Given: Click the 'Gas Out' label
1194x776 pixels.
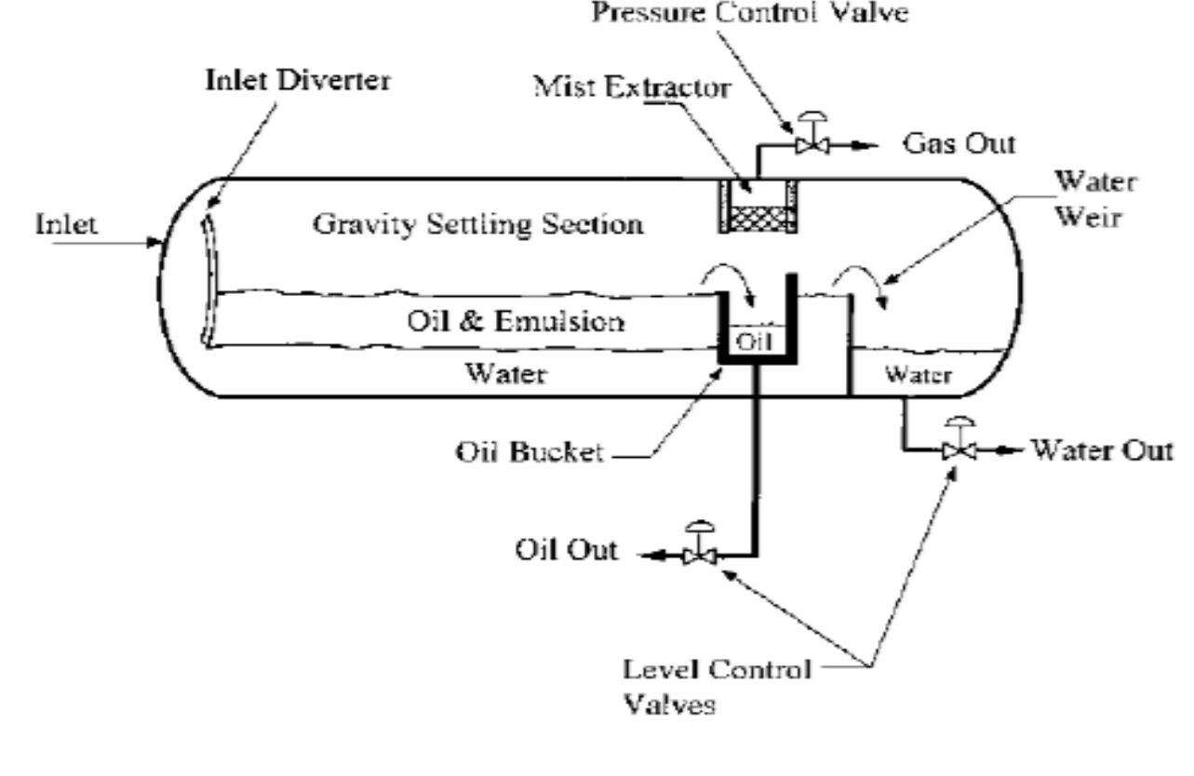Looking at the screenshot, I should coord(959,144).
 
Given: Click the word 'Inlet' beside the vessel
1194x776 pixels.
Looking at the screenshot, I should coord(67,225).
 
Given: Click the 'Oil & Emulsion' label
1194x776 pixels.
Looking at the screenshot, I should coord(516,322).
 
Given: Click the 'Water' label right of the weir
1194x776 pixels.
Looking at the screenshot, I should coord(917,375).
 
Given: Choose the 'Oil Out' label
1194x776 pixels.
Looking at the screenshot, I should coord(566,550).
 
